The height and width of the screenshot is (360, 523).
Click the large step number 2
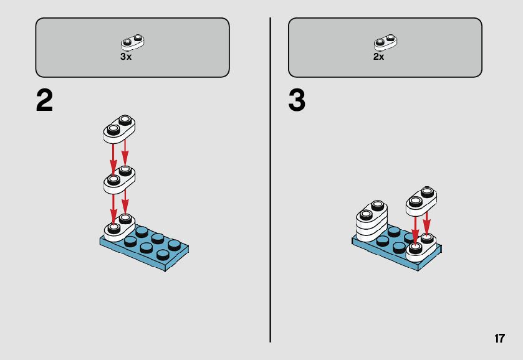pos(44,101)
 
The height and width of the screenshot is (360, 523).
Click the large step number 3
pos(297,101)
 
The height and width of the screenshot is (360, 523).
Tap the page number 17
pos(500,338)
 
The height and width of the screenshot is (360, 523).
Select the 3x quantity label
pos(126,57)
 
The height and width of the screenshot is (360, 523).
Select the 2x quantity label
pos(378,57)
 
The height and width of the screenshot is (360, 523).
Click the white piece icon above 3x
pos(132,42)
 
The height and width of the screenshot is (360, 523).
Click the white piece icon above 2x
pos(385,42)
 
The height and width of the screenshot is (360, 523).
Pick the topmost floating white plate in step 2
pos(119,129)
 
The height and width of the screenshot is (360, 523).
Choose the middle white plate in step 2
pos(119,180)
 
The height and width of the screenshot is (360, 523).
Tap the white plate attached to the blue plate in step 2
pos(119,228)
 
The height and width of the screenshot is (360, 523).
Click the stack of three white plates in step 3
pos(372,220)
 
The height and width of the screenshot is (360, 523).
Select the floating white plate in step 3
pos(421,201)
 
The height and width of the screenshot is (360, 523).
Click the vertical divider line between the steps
pos(270,180)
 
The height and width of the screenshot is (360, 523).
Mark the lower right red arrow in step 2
pos(125,202)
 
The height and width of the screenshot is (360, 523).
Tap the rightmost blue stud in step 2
pos(174,245)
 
